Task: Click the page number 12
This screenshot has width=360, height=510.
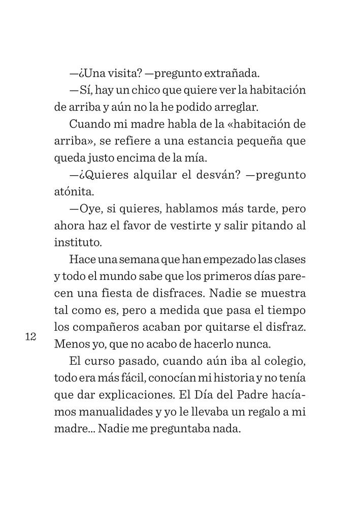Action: point(29,337)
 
